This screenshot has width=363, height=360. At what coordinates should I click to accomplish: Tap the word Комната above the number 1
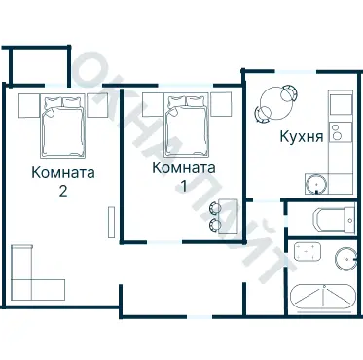[x=183, y=167]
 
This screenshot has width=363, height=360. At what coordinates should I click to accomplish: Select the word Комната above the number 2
[x=62, y=175]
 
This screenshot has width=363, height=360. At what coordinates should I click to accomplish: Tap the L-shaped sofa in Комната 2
[x=35, y=276]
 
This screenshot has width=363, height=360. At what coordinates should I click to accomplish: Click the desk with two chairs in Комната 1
[x=224, y=214]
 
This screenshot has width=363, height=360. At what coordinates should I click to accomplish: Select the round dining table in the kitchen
[x=276, y=101]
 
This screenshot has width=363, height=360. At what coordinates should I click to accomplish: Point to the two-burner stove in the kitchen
[x=338, y=131]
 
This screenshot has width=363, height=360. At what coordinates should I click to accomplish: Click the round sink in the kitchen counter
[x=317, y=183]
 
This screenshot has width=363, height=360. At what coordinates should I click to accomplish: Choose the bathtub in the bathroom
[x=325, y=295]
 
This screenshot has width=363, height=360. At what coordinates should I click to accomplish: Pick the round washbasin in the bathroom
[x=345, y=258]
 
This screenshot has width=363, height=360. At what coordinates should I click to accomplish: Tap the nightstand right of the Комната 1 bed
[x=219, y=104]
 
